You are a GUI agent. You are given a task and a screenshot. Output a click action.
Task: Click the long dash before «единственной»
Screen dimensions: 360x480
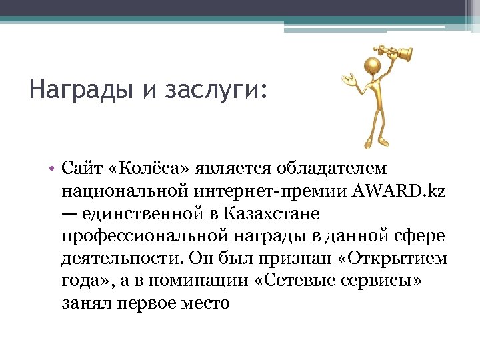tap(69, 214)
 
